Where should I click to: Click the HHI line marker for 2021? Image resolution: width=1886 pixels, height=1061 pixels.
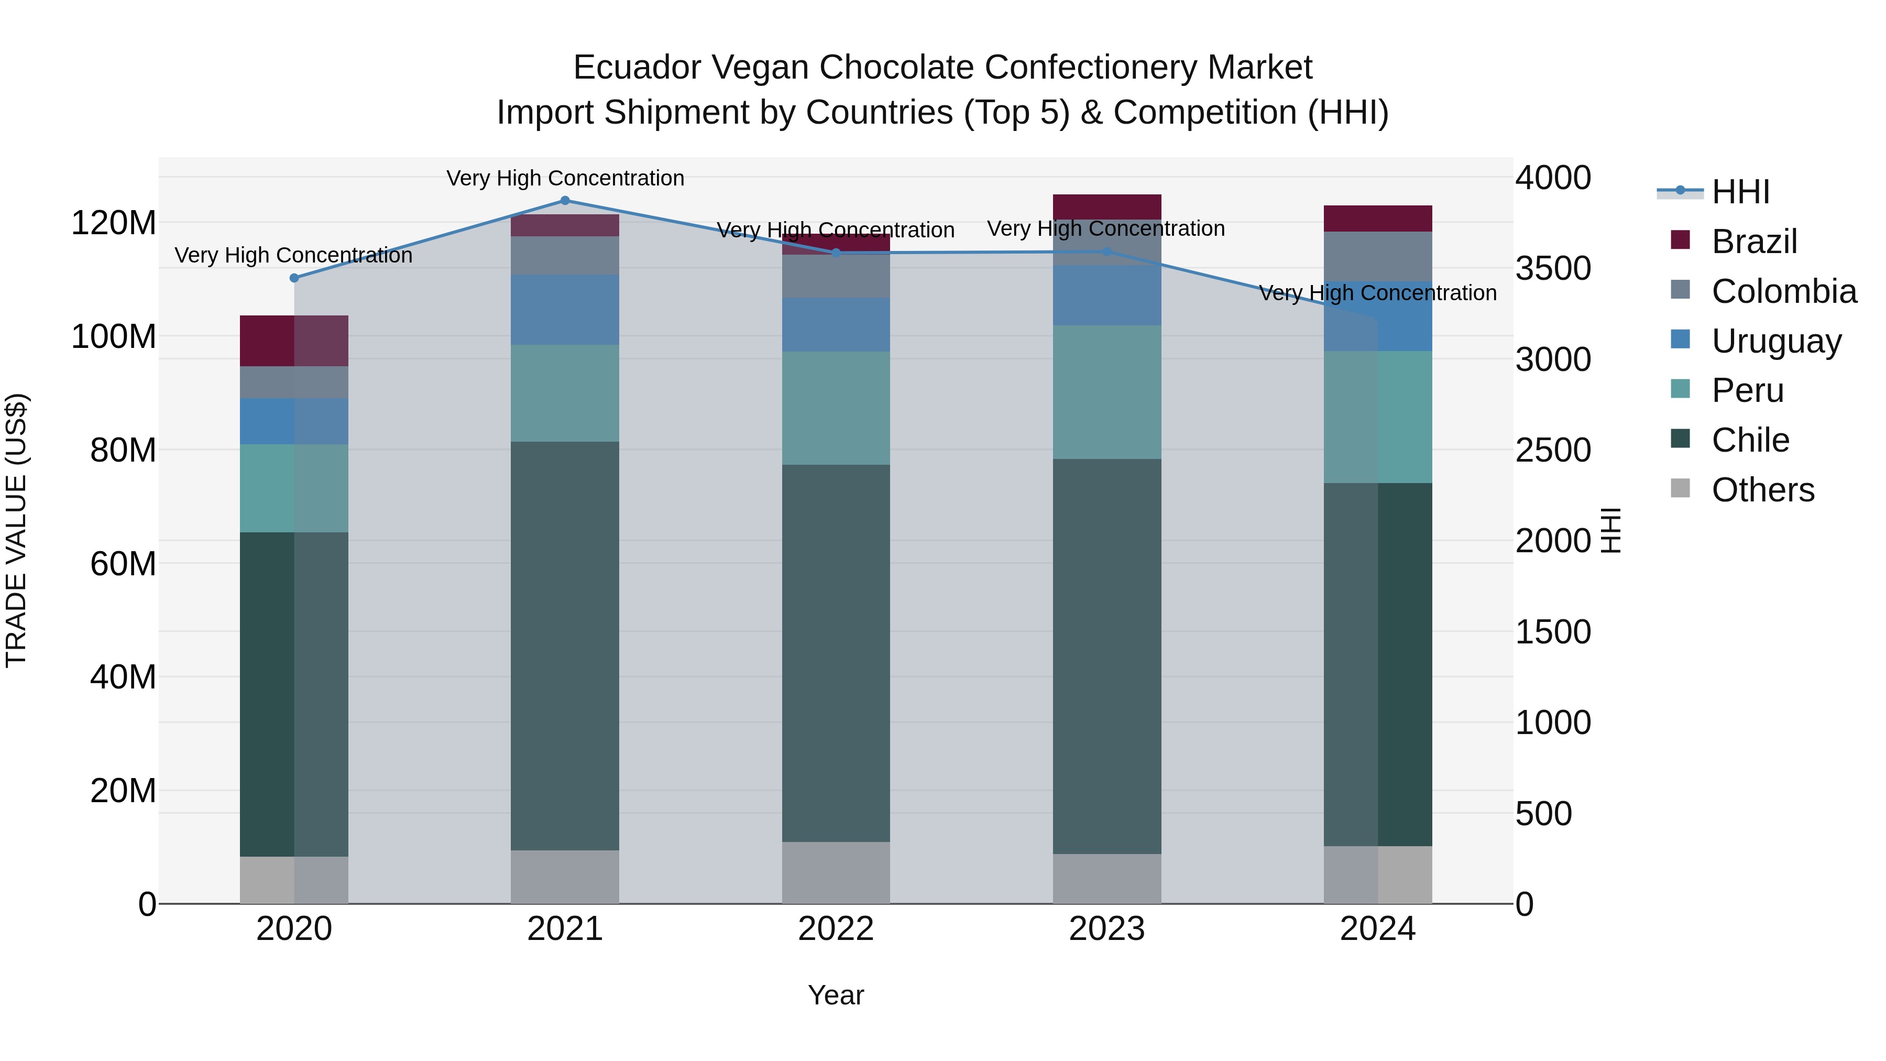coord(564,201)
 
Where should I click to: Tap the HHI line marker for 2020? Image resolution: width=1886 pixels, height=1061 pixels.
coord(294,278)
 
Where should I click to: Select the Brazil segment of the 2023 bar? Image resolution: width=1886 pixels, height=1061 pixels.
coord(1106,206)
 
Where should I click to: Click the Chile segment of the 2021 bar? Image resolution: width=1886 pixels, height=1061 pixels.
coord(564,644)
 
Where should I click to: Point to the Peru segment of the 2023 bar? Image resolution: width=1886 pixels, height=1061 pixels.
coord(1106,392)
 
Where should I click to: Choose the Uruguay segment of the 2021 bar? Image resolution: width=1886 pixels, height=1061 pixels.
coord(564,310)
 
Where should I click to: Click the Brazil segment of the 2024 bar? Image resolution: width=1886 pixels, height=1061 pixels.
coord(1377,218)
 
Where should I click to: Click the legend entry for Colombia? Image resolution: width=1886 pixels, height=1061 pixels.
coord(1783,291)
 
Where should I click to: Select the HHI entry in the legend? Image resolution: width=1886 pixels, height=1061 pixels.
coord(1740,192)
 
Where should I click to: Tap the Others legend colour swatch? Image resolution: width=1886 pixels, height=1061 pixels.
coord(1680,488)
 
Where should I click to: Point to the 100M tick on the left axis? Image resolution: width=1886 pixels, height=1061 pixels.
coord(114,337)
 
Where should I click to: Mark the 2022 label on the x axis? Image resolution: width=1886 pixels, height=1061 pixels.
coord(836,929)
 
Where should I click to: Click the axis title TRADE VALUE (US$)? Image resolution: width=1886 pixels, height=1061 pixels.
coord(16,530)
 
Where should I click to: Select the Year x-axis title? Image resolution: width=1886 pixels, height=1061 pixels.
coord(836,995)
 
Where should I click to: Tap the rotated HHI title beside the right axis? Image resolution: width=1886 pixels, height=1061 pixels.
coord(1611,530)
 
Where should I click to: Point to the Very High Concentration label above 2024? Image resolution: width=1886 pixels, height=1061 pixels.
coord(1377,293)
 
